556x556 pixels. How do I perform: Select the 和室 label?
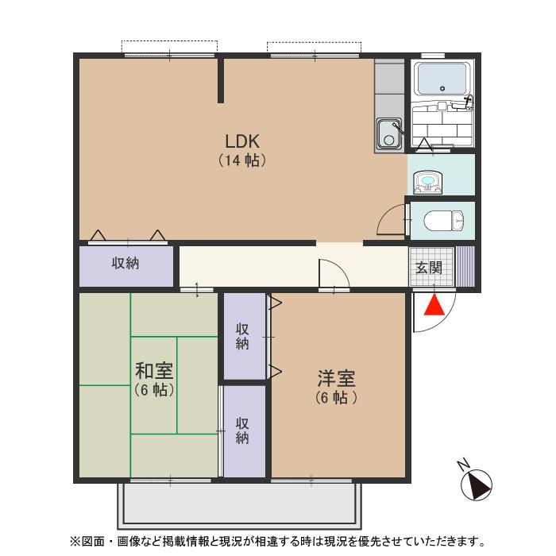pos(154,371)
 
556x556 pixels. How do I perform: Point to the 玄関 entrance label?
pos(430,267)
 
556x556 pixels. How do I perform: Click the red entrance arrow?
pos(434,305)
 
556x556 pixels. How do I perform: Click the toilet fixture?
pos(440,220)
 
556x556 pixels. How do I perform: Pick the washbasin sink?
pos(429,183)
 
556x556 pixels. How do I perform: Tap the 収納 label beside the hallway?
pos(125,263)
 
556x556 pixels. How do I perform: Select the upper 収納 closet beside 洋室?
pos(243,335)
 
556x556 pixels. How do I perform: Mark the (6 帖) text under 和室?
pos(154,390)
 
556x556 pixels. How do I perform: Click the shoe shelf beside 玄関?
pos(464,266)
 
